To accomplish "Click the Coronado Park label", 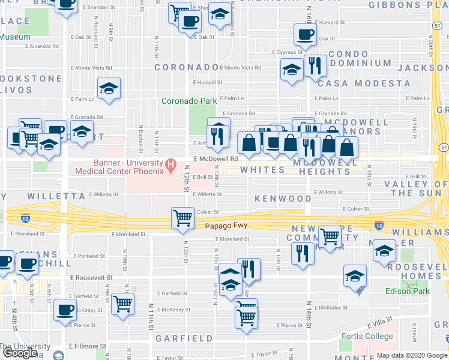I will point(187,101).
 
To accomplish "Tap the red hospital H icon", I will point(171,163).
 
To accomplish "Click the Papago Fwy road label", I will point(226,226).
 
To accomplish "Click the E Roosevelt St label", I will point(91,278).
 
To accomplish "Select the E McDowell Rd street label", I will point(212,158).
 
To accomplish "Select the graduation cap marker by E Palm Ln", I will point(109,88).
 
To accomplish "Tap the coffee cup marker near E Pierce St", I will point(64,310).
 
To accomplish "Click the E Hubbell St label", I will point(208,83).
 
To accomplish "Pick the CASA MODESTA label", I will point(364,83).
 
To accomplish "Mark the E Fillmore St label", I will point(88,346).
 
